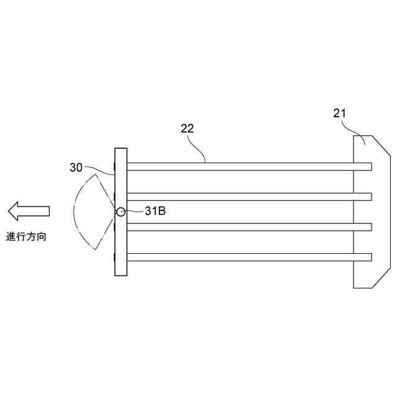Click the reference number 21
click(x=340, y=113)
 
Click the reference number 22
click(x=187, y=128)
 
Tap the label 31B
click(x=154, y=211)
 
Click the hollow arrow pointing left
click(x=29, y=211)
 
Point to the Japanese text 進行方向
click(x=26, y=236)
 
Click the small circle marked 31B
click(x=120, y=212)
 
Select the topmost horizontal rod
click(x=248, y=166)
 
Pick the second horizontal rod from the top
click(x=248, y=197)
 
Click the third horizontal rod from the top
click(x=248, y=226)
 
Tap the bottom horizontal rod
click(x=248, y=257)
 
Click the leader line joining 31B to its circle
click(x=133, y=212)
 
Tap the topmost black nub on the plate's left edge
click(x=114, y=166)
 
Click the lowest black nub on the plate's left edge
click(x=114, y=257)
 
